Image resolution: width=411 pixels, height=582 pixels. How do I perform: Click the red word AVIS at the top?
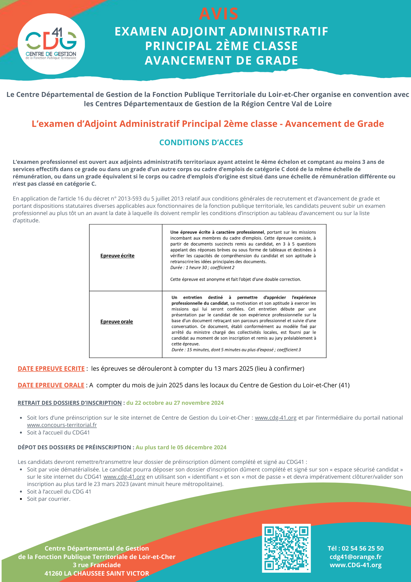219,14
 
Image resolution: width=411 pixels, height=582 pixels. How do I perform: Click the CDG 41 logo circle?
51,44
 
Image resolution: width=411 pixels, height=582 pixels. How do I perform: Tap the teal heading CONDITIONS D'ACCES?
201,143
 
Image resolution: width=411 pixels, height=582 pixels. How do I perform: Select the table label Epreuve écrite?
117,256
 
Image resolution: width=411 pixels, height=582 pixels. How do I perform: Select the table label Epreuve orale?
117,322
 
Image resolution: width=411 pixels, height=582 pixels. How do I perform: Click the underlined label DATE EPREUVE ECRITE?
51,369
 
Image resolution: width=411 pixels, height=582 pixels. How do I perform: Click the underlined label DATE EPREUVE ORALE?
51,385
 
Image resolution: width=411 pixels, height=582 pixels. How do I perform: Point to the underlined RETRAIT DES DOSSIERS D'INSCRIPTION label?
70,403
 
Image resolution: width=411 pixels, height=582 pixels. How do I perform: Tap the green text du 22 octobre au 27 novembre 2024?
175,403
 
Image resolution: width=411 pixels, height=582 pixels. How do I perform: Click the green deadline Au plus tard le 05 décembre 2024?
181,447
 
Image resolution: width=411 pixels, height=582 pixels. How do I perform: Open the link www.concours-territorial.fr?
62,425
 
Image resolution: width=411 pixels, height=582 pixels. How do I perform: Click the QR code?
286,548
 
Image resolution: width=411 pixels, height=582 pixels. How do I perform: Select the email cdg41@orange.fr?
355,557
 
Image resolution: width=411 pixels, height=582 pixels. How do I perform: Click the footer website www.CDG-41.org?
355,565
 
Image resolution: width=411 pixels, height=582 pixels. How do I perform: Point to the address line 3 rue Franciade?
97,565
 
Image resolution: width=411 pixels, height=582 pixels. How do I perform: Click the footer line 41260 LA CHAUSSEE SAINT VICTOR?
97,573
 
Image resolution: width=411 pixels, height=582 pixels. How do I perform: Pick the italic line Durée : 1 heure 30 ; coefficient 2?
202,267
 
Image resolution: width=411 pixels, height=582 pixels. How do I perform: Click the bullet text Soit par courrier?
49,499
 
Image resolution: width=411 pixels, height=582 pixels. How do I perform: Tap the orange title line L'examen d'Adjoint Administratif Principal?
208,124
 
